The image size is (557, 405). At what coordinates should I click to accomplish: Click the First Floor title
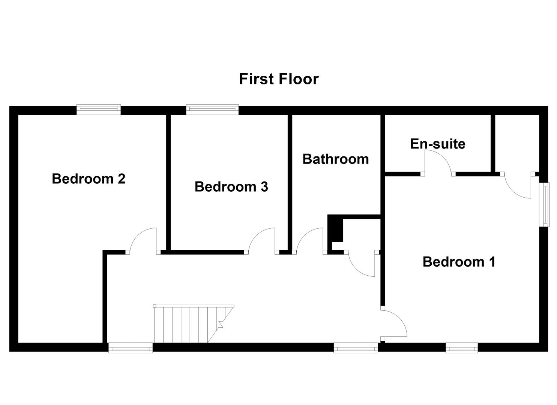pos(279,79)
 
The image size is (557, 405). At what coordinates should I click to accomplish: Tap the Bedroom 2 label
pos(89,178)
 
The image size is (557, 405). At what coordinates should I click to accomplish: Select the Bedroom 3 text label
pos(231,186)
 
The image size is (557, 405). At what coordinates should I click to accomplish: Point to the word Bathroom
pos(336,159)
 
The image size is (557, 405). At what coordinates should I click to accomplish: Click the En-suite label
pos(438,144)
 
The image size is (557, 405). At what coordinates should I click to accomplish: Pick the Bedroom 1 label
pos(459,261)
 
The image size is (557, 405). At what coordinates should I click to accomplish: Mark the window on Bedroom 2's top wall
pos(99,109)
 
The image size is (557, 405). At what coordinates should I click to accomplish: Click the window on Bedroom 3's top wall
pos(212,109)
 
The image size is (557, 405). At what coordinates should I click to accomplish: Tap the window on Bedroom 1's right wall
pos(544,204)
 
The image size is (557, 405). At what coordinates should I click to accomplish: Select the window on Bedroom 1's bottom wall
pos(462,348)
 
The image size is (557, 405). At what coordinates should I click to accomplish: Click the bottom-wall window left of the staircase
pos(131,348)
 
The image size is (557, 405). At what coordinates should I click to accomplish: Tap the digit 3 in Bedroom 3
pos(264,186)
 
